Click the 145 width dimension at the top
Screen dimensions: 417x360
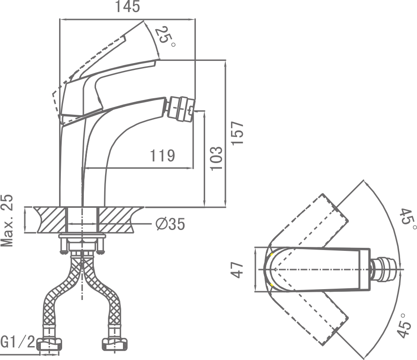(127, 7)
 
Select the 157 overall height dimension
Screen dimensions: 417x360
(237, 133)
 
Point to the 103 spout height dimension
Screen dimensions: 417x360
(216, 158)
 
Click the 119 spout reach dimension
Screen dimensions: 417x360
(162, 156)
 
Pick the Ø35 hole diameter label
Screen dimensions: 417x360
(170, 224)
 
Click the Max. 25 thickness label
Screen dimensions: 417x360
(7, 221)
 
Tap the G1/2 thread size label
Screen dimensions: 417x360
(17, 342)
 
